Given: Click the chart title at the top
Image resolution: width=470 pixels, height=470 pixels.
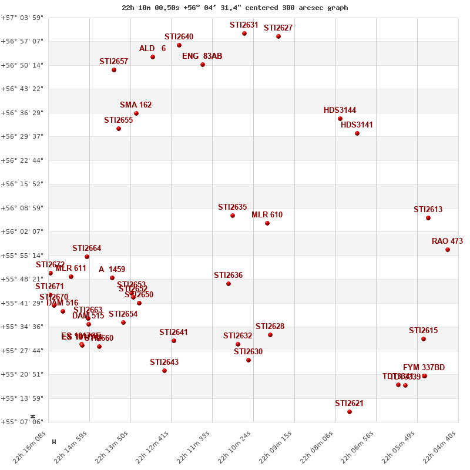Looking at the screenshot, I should tap(234, 8).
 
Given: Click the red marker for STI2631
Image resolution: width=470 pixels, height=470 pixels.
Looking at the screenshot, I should tap(244, 33).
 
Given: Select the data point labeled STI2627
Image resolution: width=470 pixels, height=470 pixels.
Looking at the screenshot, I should tap(278, 36).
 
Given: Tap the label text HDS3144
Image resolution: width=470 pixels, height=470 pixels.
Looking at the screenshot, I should tap(340, 110).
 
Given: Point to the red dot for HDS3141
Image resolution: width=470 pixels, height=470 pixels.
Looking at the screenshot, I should tap(357, 133).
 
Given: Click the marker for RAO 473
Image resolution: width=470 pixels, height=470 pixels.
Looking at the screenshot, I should tap(448, 250).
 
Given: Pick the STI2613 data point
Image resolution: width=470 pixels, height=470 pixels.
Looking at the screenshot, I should tap(428, 218).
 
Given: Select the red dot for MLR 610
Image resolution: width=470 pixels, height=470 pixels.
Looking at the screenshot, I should tap(267, 223).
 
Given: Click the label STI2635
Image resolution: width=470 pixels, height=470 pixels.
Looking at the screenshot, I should tap(232, 207).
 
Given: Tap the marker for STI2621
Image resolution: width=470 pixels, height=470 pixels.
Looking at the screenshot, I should tap(350, 412).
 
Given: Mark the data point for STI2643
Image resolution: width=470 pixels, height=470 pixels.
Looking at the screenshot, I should tap(164, 371).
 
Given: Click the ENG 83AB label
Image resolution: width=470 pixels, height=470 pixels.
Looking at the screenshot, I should tap(202, 56).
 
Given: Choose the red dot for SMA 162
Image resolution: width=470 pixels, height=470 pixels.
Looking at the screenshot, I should tap(136, 113).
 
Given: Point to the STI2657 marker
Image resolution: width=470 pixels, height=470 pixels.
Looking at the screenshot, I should tap(114, 70).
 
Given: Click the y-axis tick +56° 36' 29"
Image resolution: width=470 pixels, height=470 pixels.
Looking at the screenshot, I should tap(22, 113).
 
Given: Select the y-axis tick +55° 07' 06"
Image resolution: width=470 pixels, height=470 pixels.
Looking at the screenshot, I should tap(22, 422).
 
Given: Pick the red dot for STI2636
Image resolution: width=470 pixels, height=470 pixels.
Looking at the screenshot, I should tap(229, 284).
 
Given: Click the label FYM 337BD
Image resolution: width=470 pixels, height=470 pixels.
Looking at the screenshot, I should tap(424, 367).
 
